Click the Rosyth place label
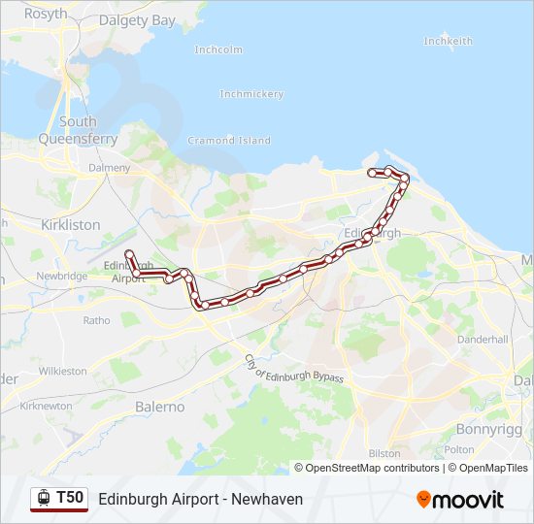pos(46,14)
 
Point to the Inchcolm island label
pos(217,49)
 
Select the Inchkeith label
pos(448,42)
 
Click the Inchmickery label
pos(251,94)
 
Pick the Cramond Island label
pos(231,141)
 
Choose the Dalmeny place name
pos(109,168)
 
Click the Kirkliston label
pos(71,224)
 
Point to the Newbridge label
pos(62,276)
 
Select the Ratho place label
pos(96,319)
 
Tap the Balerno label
pos(159,407)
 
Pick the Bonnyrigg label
pos(489,428)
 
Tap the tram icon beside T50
pos(43,498)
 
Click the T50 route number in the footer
pos(70,498)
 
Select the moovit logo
pos(460,500)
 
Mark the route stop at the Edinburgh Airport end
pos(128,253)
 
